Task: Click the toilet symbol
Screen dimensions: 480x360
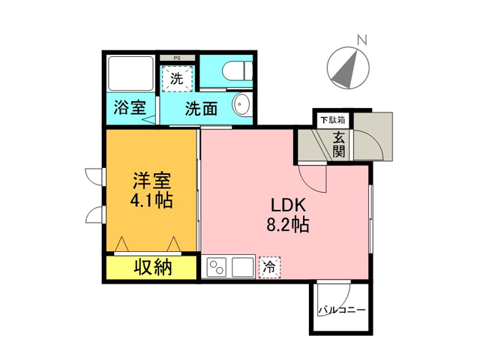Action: (237, 70)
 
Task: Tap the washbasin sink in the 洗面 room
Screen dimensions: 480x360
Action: (243, 104)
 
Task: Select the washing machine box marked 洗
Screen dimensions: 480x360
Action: (177, 79)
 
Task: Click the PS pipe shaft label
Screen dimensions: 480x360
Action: (177, 58)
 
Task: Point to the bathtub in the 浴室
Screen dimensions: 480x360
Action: (130, 73)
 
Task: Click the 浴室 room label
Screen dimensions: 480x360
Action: (130, 107)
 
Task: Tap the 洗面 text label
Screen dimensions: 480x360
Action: (201, 108)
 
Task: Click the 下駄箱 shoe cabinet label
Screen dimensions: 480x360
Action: (333, 120)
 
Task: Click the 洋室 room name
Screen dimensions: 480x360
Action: (151, 181)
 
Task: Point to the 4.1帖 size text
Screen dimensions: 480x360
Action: (151, 200)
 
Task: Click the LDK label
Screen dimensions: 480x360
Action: (288, 205)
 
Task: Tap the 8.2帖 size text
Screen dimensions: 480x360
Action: (288, 225)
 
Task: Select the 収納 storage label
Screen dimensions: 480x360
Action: (153, 267)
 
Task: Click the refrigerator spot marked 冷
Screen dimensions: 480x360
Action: (269, 267)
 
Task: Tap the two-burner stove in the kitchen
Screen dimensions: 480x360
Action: (217, 268)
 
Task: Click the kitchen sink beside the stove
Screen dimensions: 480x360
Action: (243, 268)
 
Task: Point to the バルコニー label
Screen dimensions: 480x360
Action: (342, 310)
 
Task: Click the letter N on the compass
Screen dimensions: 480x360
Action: (362, 40)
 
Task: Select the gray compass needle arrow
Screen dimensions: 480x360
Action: (345, 68)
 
